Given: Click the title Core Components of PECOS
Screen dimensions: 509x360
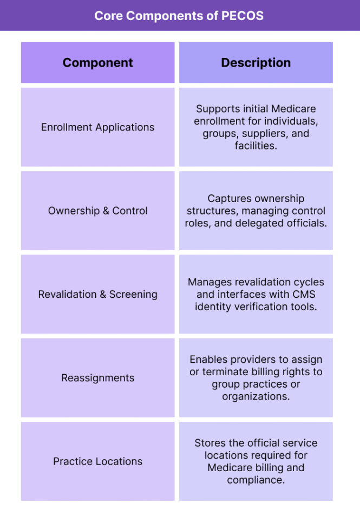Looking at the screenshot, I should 179,16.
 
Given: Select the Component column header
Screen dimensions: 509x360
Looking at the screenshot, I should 98,63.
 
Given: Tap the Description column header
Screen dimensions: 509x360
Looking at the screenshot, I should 256,63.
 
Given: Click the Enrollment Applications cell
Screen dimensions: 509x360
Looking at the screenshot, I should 98,127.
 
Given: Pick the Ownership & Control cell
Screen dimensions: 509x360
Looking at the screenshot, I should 98,211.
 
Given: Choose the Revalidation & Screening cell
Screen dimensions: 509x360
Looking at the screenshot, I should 98,295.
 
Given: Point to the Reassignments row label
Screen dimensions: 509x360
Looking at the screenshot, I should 98,378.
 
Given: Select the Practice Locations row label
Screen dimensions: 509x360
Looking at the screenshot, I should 98,461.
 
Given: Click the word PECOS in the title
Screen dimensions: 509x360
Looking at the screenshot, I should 243,16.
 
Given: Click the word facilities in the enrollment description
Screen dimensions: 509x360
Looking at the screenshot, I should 256,146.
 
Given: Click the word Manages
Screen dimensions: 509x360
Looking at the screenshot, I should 210,282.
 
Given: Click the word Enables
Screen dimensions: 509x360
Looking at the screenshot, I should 210,360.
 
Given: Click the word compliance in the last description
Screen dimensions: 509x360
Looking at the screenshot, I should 256,480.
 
